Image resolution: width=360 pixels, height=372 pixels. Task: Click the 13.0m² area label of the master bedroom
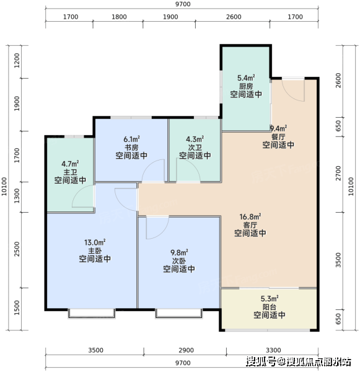[95, 242]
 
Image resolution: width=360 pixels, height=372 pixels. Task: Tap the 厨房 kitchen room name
[246, 86]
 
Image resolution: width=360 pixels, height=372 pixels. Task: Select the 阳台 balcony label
[270, 307]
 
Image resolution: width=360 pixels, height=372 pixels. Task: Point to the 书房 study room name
[131, 147]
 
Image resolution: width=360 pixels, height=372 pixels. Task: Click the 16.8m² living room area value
[250, 216]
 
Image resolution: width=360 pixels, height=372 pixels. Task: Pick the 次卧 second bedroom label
[179, 261]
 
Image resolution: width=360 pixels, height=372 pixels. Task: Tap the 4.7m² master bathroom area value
[70, 164]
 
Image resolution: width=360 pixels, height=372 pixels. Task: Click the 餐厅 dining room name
[278, 136]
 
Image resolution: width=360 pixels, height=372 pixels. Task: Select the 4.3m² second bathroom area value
[195, 139]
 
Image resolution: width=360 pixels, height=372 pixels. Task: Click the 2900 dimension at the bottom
[187, 350]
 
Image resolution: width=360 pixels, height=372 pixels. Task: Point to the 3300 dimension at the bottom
[273, 350]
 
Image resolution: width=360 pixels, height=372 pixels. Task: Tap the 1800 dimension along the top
[119, 17]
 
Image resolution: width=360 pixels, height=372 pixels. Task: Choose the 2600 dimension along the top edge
[234, 17]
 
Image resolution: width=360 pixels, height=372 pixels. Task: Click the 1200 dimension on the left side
[17, 60]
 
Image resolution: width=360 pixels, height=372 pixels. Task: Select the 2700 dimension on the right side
[338, 173]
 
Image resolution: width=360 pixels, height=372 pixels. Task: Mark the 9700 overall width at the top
[183, 4]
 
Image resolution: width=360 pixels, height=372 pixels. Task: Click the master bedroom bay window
[92, 313]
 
